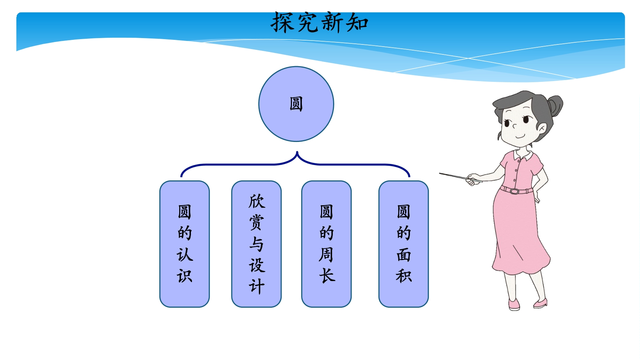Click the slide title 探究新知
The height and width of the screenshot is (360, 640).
point(319,22)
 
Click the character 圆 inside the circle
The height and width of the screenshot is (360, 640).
point(296,104)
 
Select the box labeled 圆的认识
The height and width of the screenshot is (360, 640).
point(185,244)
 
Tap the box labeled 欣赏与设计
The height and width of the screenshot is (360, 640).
point(256,244)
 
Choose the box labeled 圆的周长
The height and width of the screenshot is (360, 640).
point(326,244)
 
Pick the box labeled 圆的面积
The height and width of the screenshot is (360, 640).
point(404,244)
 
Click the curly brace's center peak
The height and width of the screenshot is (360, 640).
point(297,153)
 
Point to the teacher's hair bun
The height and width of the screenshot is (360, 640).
point(555,105)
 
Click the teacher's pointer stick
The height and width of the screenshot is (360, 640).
point(460,178)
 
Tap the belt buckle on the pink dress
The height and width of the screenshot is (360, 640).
point(514,191)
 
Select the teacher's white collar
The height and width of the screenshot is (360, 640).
point(523,155)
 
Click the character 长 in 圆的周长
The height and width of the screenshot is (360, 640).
point(327,276)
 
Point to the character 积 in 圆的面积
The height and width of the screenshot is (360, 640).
point(404,276)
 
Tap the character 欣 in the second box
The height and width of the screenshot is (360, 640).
point(257,201)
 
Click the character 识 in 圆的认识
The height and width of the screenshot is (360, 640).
point(185,276)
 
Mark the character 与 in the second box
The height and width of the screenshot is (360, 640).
point(256,244)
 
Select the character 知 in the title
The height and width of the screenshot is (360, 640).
point(357,23)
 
